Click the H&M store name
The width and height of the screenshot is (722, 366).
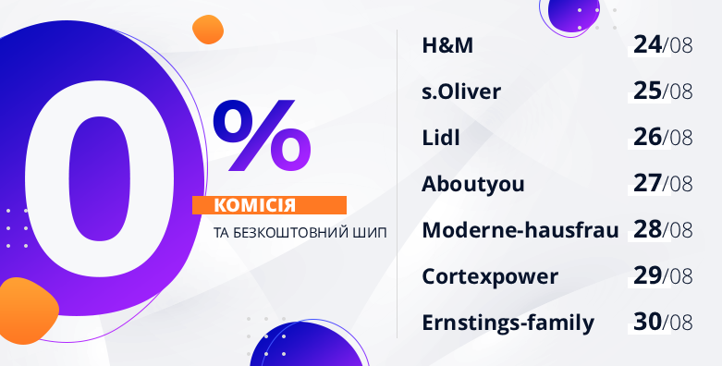[x=447, y=45]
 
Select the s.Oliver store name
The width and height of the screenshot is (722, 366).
[x=461, y=91]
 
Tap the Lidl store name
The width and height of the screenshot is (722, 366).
[x=441, y=138]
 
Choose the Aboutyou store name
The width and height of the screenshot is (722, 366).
[x=473, y=185]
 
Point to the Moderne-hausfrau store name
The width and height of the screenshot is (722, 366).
[x=520, y=230]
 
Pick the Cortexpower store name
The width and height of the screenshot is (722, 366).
[x=490, y=276]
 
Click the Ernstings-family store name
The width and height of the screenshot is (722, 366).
[x=508, y=323]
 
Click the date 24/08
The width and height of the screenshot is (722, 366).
[x=663, y=45]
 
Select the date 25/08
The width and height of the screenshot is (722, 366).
[x=663, y=91]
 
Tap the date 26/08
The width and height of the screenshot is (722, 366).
[x=663, y=137]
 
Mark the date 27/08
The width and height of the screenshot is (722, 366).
[x=663, y=183]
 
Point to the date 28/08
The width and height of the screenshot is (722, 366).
[x=663, y=229]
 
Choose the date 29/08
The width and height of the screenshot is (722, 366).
[x=663, y=275]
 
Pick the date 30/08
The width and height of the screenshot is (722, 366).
[x=663, y=322]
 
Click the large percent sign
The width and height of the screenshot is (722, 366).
[x=262, y=135]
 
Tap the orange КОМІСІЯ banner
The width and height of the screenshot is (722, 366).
[x=269, y=205]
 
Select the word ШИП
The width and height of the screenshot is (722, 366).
[x=373, y=233]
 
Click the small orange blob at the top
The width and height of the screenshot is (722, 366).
[x=208, y=30]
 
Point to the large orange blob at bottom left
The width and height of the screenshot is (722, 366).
[x=27, y=311]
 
